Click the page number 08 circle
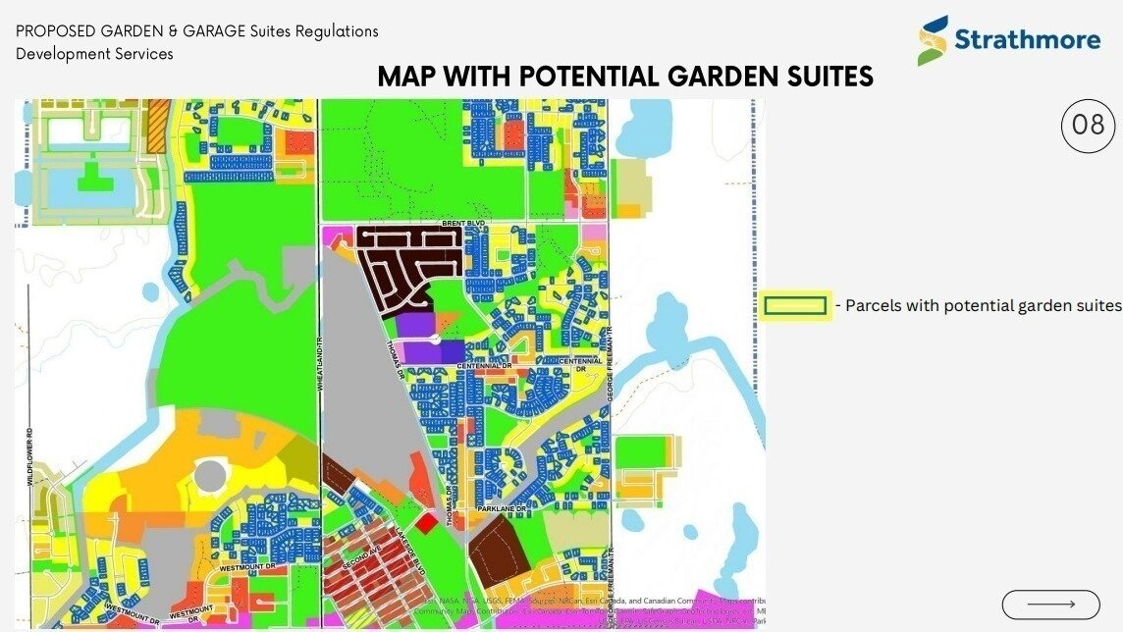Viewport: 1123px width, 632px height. [1089, 126]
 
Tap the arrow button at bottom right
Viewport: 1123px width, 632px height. [1050, 605]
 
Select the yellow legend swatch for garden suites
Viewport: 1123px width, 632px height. [795, 306]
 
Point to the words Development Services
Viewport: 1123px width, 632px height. [94, 54]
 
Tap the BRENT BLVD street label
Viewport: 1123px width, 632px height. [463, 224]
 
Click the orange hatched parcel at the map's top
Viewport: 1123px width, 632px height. [156, 125]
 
